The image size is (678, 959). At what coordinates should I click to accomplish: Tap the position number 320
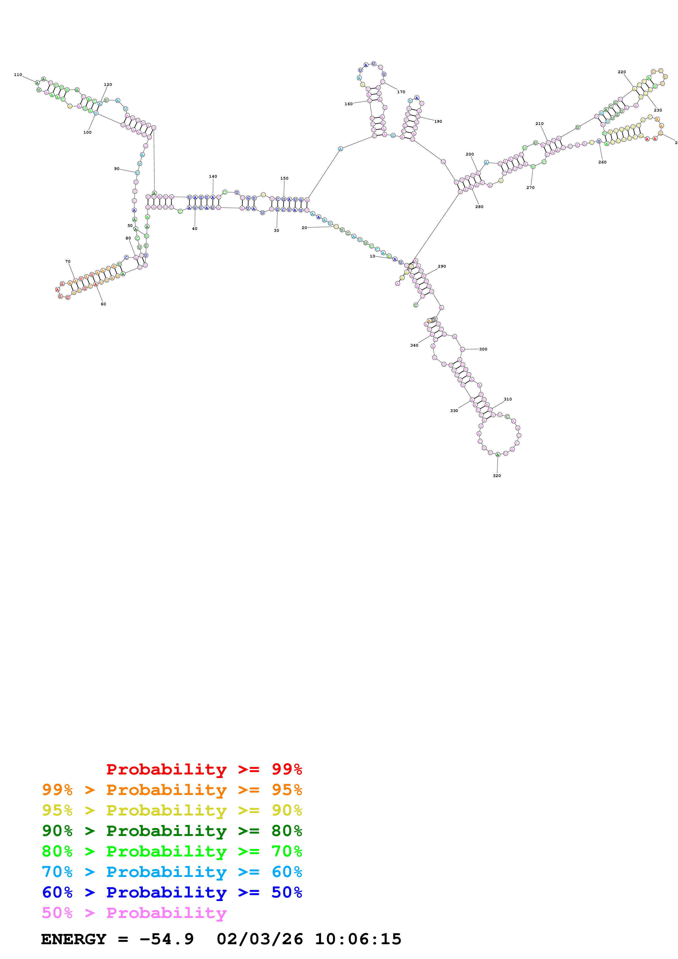(x=497, y=476)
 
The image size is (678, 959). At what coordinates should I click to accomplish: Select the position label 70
(x=68, y=261)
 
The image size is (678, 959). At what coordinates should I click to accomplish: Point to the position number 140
(x=213, y=176)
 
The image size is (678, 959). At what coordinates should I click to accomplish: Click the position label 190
(x=438, y=122)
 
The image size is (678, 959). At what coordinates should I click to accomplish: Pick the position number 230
(x=658, y=110)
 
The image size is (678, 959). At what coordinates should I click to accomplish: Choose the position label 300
(x=483, y=349)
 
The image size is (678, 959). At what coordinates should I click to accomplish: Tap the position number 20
(x=304, y=228)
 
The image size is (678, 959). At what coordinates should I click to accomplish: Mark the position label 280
(x=479, y=207)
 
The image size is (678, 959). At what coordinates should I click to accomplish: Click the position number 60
(x=103, y=304)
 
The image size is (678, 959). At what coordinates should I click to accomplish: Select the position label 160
(x=348, y=104)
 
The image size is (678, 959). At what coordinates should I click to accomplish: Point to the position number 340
(x=414, y=346)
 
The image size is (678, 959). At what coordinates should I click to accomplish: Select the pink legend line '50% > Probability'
(x=134, y=913)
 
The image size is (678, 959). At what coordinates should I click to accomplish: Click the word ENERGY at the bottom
(x=74, y=939)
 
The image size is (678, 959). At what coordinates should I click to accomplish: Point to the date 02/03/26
(x=260, y=939)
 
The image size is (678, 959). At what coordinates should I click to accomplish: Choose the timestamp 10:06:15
(x=358, y=939)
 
